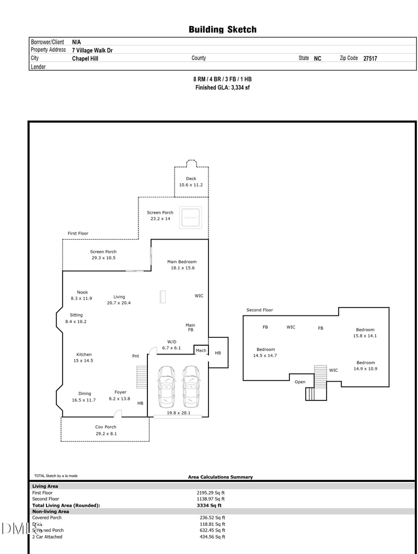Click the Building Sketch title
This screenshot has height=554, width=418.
pos(223,30)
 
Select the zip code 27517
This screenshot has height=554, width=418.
pos(370,59)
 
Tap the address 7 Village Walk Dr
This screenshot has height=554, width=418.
pos(92,51)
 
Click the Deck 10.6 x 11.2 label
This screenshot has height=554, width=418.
pos(191,182)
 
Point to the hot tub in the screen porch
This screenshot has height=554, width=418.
pos(190,217)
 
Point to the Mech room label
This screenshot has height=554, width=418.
pos(201,350)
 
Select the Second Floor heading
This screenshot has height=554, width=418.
pos(260,310)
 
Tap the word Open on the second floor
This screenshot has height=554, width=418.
pos(300,382)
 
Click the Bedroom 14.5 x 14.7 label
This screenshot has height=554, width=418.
pos(265,352)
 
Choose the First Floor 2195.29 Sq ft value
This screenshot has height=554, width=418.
pos(211,492)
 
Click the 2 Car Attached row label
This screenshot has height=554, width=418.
pos(47,537)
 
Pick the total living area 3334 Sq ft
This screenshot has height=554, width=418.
pos(209,505)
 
